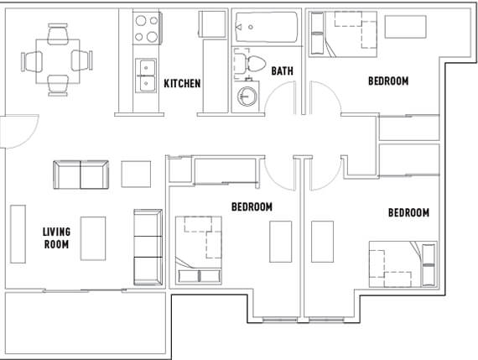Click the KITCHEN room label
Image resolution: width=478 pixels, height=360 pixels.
182,83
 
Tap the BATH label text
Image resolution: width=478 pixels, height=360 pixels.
283,71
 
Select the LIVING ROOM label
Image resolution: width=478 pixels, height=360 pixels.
56,238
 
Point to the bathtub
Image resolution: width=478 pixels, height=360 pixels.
267,27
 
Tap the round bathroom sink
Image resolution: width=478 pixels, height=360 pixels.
247,97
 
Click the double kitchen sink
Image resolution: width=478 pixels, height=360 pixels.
146,76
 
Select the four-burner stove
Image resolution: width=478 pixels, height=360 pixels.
147,29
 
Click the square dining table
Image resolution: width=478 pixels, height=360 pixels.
58,61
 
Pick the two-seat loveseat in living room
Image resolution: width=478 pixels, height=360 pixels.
81,175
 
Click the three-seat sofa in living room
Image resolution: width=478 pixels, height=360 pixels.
148,248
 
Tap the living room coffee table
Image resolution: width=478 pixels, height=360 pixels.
93,238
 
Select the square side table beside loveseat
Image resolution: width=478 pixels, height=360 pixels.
136,175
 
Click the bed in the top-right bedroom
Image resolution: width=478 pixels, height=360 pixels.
343,34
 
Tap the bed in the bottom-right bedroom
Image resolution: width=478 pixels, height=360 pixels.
403,264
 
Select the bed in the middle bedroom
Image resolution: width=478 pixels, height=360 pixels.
199,250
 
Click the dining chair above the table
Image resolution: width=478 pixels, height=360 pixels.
58,33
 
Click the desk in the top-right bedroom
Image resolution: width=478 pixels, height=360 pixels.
405,27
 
